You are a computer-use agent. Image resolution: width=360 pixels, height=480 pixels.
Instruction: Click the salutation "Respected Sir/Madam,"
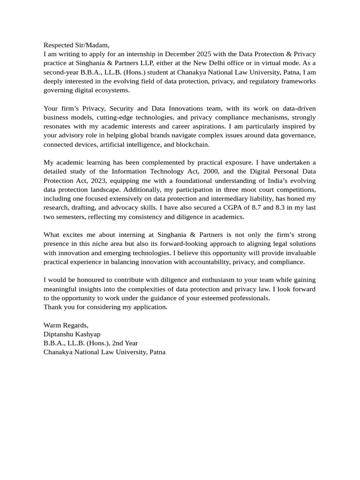coord(76,45)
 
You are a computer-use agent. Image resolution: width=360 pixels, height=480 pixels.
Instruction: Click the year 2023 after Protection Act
coord(97,180)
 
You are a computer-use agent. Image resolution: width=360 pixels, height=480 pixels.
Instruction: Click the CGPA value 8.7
coord(253,208)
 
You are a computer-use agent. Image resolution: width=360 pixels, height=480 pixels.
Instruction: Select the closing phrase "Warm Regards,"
coord(66,325)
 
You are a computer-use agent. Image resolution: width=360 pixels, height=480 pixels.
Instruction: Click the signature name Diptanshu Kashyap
coord(72,334)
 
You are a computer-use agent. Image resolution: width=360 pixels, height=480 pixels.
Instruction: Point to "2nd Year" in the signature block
coord(125,343)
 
